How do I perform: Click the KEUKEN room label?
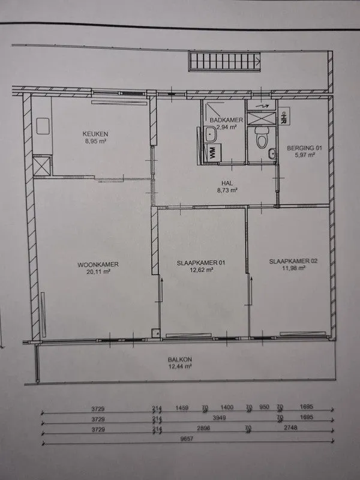95,134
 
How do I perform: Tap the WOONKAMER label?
98,265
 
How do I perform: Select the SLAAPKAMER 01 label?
201,263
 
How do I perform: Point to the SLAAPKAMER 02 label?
293,261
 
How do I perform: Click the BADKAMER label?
226,120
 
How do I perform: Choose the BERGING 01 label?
305,148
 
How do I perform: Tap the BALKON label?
179,359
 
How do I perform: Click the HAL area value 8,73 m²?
227,190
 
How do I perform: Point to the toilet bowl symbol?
262,138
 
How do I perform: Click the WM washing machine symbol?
212,152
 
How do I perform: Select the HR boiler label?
283,116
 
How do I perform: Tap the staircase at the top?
224,61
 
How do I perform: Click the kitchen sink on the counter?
43,126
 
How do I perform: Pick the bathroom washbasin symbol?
211,134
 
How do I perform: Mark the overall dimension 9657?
187,439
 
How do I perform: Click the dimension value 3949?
219,418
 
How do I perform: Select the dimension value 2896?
203,428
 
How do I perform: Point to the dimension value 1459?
182,408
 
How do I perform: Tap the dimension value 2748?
290,427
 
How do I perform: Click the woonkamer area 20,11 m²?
98,272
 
